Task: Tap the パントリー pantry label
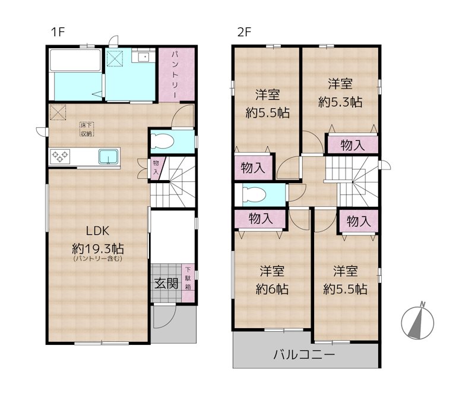click(x=177, y=74)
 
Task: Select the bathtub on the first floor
click(x=75, y=61)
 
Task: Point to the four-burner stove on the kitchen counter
click(x=61, y=157)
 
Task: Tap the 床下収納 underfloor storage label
click(x=87, y=129)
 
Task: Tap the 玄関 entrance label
click(x=167, y=283)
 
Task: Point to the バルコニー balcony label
click(x=305, y=355)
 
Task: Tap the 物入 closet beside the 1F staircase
click(x=156, y=167)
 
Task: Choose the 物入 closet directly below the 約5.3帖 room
click(x=353, y=144)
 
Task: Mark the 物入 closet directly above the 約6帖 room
click(x=260, y=218)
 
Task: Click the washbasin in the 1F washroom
click(x=142, y=58)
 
